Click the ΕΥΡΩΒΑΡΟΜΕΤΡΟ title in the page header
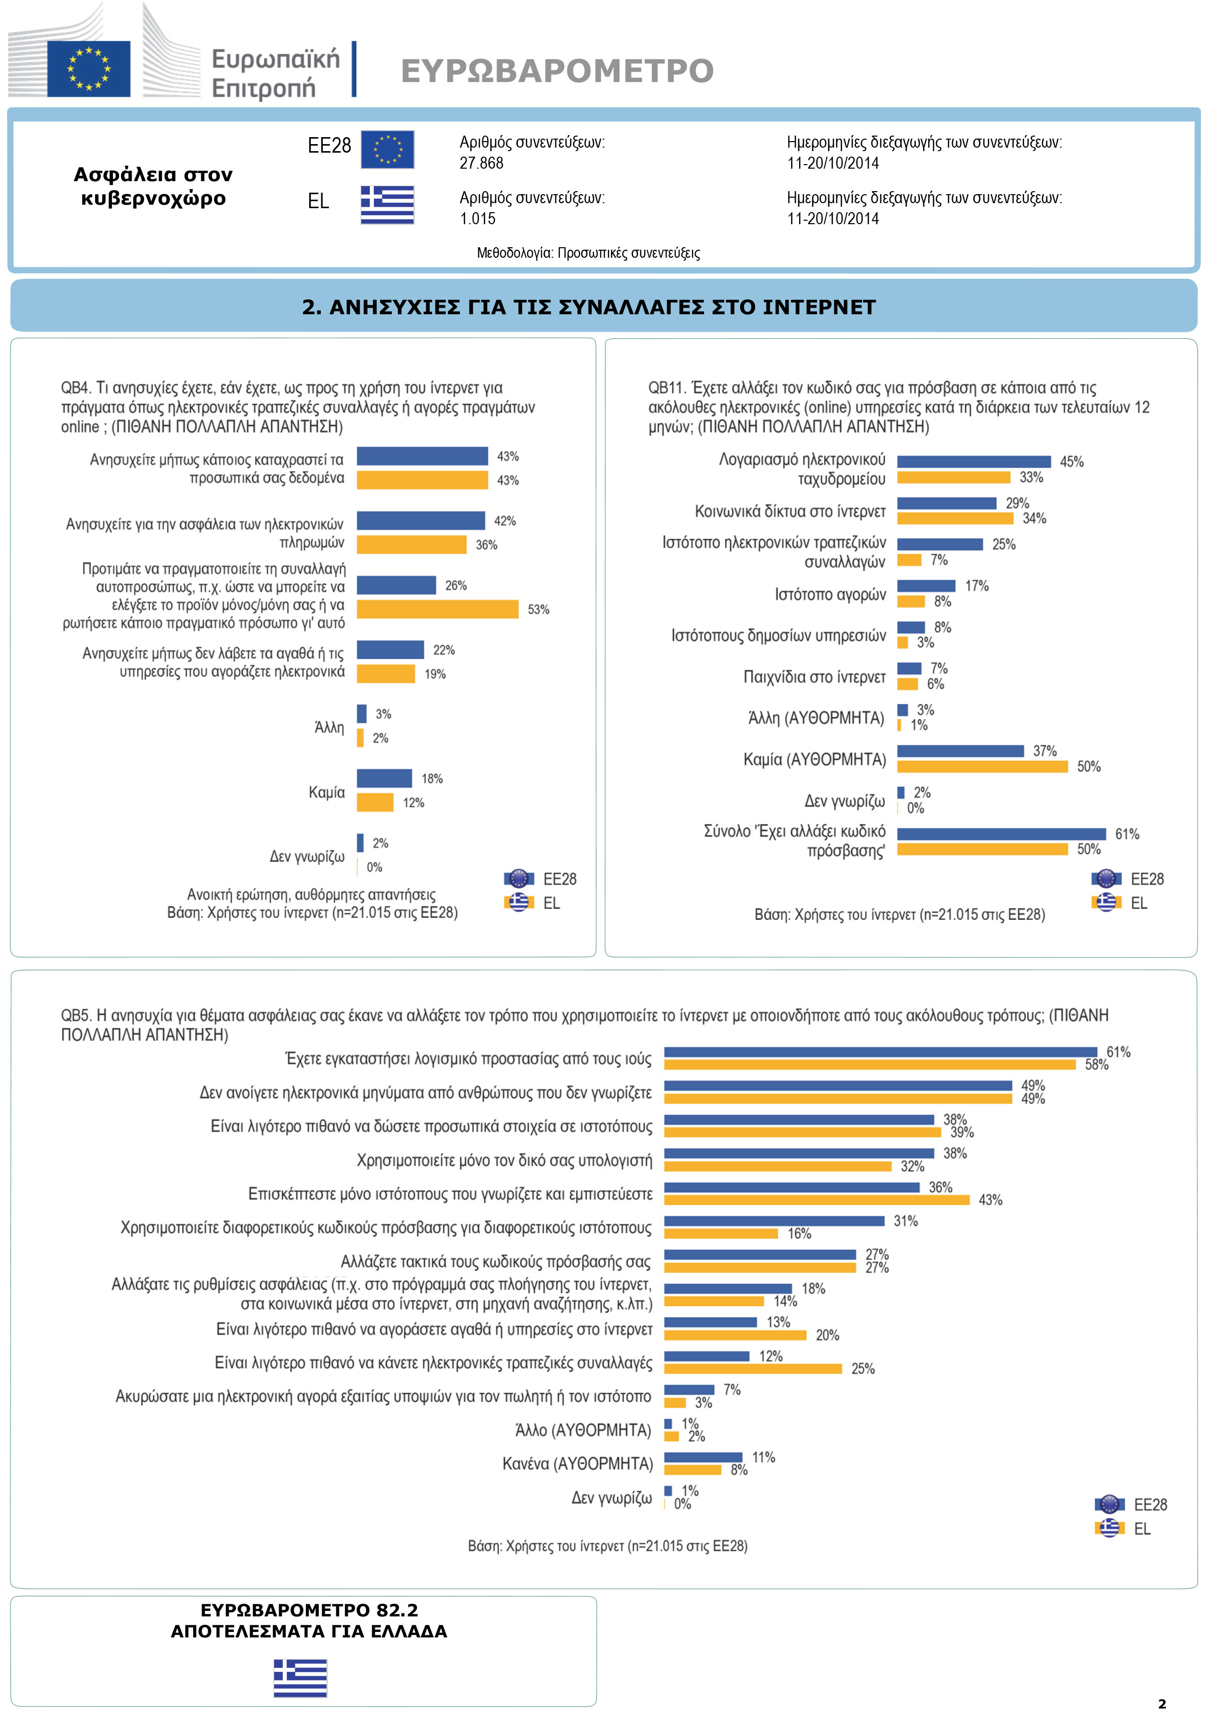coord(556,71)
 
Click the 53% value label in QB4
coord(538,610)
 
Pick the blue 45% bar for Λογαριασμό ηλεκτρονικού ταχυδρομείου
coord(973,461)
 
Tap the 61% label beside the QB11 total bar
coord(1126,834)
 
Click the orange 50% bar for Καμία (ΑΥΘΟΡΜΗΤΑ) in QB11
coord(982,766)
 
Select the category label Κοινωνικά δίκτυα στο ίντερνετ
coord(790,511)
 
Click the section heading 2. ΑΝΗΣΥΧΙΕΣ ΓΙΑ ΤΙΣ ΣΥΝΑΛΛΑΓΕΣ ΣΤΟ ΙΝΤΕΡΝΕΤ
coord(588,307)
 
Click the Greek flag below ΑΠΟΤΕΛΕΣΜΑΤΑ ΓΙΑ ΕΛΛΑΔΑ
coord(300,1678)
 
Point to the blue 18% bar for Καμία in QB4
coord(384,778)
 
